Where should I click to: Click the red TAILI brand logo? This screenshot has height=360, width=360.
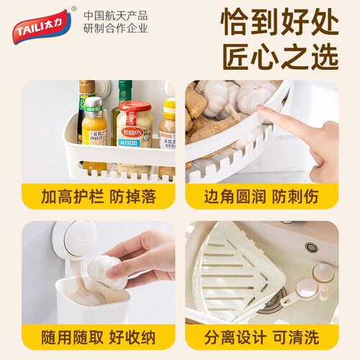coord(42,27)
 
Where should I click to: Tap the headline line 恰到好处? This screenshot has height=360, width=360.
coord(280,22)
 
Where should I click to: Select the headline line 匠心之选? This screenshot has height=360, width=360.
coord(280,57)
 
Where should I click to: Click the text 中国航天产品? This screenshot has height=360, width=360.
coord(116,16)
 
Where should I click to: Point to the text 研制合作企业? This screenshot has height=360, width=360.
coord(116,28)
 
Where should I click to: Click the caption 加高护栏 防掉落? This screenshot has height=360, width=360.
coord(99,197)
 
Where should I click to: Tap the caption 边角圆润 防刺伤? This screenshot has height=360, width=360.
coord(261,197)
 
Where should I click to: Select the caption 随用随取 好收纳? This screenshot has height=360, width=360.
coord(99,337)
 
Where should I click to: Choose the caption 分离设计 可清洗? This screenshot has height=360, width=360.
coord(261,337)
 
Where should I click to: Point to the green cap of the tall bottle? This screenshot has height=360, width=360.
coord(125,88)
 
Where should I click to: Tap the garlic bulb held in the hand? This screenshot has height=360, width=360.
coord(104,270)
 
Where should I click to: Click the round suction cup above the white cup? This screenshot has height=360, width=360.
coord(78,240)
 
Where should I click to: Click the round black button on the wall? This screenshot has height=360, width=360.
coord(312,247)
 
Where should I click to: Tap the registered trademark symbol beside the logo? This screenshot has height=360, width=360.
coord(74,9)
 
